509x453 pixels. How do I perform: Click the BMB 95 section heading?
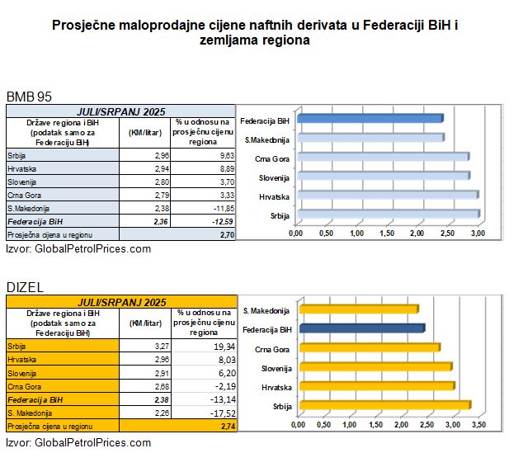coord(29,97)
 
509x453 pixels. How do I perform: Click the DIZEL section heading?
coord(26,286)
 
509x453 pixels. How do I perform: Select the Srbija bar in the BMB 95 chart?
coord(387,214)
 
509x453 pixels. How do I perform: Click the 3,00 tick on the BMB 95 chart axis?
coord(478,234)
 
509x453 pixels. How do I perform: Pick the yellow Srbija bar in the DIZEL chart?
coord(384,405)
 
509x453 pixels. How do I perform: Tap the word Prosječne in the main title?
coord(87,26)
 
